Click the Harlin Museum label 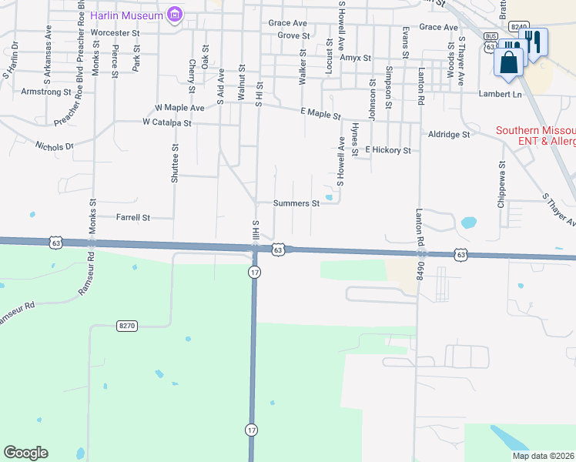[x=127, y=15]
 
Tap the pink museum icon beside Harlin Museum [x=176, y=15]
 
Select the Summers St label [x=296, y=204]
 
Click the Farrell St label [x=132, y=218]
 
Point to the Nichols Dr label [x=55, y=145]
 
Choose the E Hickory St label [x=388, y=150]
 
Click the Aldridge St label [x=449, y=134]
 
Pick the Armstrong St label [x=47, y=92]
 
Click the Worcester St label [x=115, y=34]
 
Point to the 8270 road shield [x=127, y=326]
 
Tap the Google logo [x=25, y=453]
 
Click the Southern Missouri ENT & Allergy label [x=535, y=136]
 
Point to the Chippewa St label [x=501, y=176]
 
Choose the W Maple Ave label [x=179, y=108]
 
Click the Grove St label [x=293, y=36]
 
